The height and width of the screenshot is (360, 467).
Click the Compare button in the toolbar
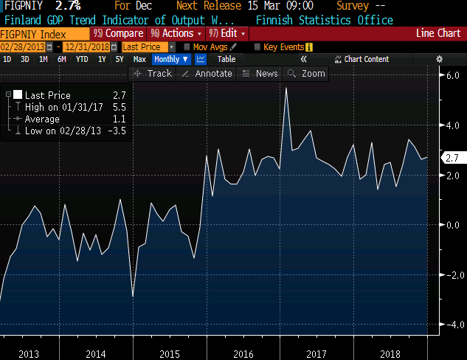[120, 33]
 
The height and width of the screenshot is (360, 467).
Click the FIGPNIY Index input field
[44, 34]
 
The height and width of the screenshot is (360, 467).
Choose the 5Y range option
[119, 59]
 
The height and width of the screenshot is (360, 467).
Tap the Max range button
[139, 59]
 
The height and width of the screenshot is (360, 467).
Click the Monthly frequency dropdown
[170, 59]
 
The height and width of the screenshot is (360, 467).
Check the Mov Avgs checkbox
[187, 47]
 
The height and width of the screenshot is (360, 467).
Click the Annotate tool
[207, 73]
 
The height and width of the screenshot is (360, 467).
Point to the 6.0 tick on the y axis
[452, 76]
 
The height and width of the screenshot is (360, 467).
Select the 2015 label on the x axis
[170, 354]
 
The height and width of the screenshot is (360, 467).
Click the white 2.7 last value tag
[452, 157]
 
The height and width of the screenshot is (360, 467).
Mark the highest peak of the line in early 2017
[286, 88]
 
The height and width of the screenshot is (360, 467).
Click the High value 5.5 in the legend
[119, 107]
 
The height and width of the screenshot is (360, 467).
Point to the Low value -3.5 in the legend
[117, 131]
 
